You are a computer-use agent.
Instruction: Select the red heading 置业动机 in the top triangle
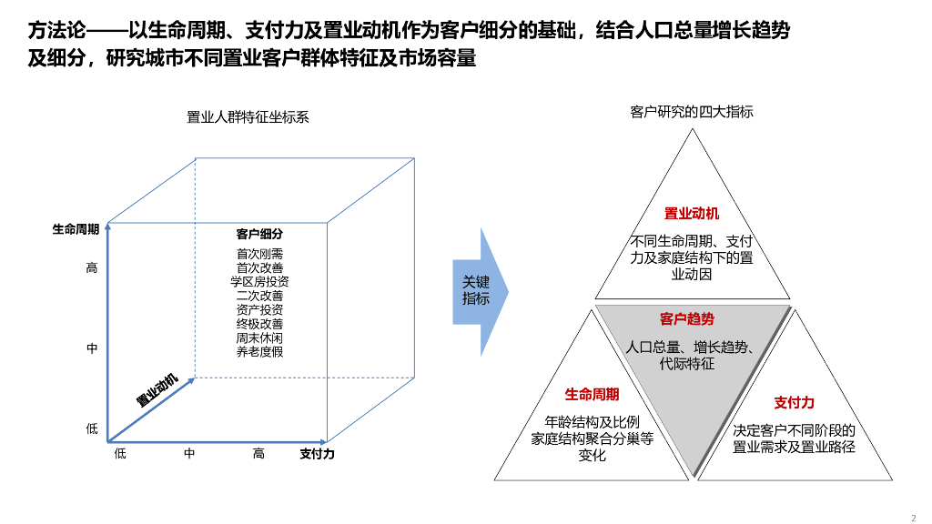pos(692,214)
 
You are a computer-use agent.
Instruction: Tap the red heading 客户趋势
pos(687,319)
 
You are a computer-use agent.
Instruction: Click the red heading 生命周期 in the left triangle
pos(592,394)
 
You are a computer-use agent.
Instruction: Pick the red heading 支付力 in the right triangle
pos(794,402)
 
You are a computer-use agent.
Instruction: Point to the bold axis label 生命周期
pos(76,230)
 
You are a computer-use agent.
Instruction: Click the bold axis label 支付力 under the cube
pos(317,454)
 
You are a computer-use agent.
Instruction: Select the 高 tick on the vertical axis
pos(92,267)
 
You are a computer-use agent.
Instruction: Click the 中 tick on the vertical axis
pos(92,348)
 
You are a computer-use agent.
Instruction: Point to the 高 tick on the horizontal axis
pos(259,454)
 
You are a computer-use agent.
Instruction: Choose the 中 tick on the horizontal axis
pos(189,454)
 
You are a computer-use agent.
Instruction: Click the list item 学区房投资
pos(259,282)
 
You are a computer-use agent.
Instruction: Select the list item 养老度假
pos(259,351)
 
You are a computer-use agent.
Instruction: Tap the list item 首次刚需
pos(259,254)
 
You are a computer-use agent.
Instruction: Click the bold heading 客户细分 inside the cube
pos(259,234)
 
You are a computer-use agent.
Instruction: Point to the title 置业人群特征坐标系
pos(248,116)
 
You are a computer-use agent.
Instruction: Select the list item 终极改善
pos(259,324)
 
